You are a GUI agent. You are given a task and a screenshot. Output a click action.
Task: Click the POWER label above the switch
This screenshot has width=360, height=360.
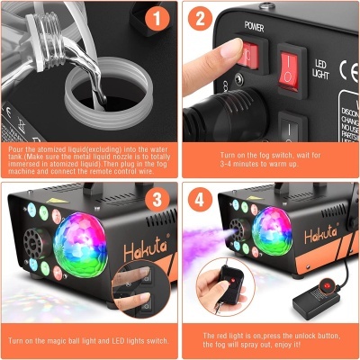pyautogui.click(x=255, y=25)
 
